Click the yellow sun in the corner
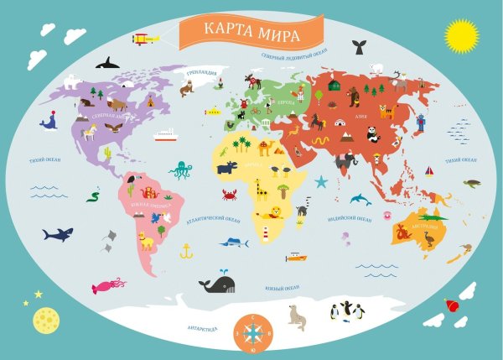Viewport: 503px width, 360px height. [x=460, y=35]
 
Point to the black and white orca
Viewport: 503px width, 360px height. [x=107, y=62]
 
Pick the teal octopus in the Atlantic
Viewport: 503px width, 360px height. [x=180, y=170]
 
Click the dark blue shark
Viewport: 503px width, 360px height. [x=58, y=233]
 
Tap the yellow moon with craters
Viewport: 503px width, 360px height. [x=44, y=319]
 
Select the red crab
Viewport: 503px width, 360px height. [x=228, y=195]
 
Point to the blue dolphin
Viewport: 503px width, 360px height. [x=360, y=199]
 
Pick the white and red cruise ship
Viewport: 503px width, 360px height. [x=164, y=134]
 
